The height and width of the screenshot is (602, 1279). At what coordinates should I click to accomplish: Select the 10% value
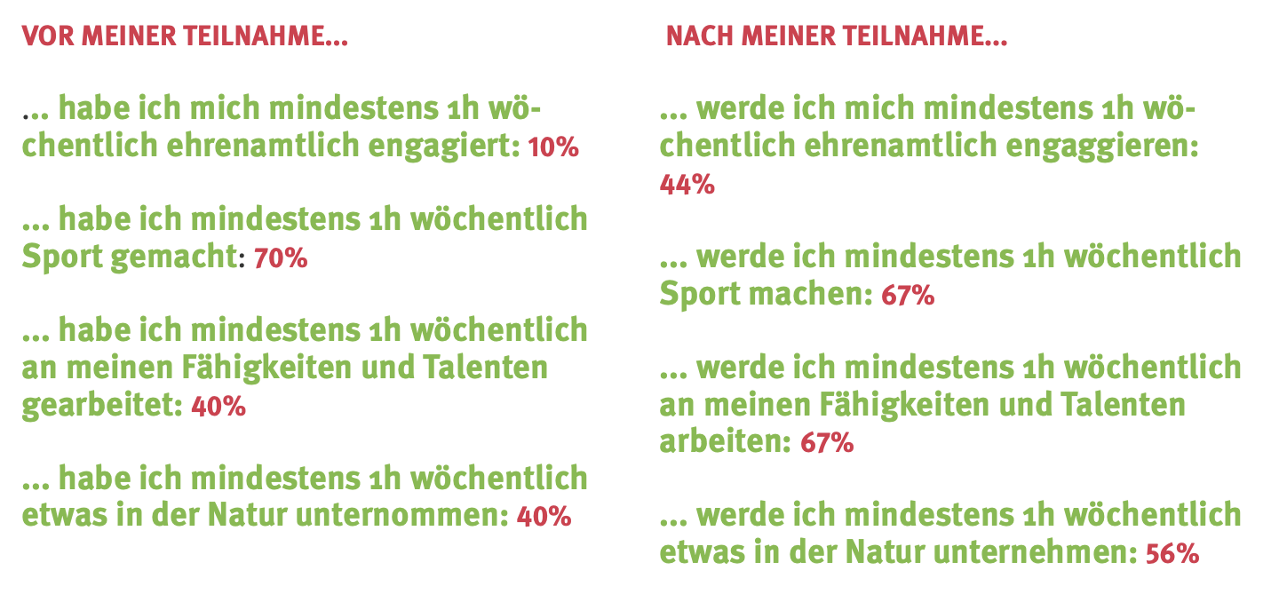552,147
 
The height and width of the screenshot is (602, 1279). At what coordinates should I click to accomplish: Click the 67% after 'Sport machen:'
908,296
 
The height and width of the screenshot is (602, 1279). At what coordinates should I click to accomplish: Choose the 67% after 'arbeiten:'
827,441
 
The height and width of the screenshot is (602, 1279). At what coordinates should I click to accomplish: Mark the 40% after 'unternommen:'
544,516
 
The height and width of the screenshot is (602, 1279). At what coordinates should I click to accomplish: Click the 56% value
1172,553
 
